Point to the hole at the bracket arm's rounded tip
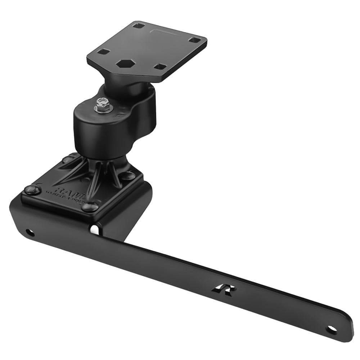click(x=331, y=329)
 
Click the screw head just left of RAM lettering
click(x=31, y=190)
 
